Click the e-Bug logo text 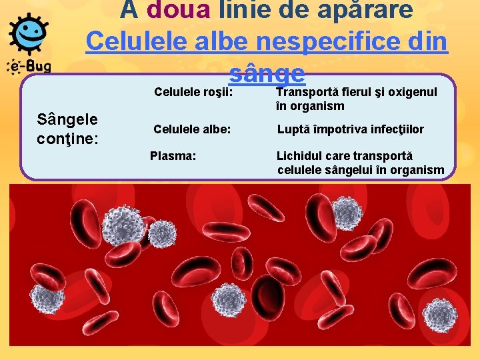(28, 67)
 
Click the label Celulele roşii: (193, 91)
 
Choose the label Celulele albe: (192, 129)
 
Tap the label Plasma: (173, 156)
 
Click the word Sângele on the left (68, 120)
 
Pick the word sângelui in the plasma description (349, 170)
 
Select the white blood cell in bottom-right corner (439, 315)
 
